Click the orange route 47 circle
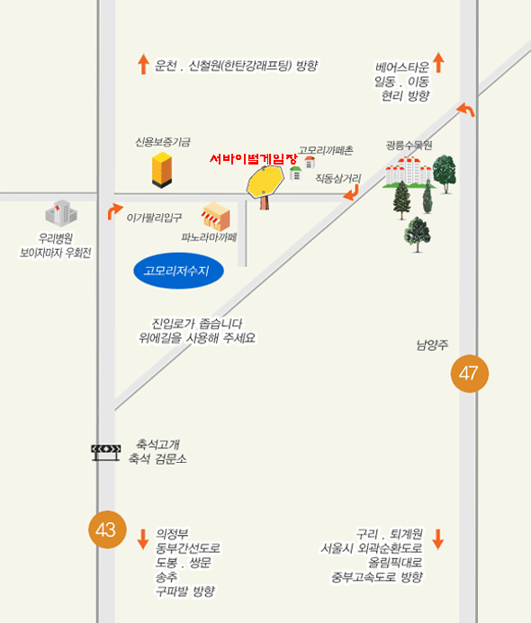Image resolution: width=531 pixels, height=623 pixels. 469,373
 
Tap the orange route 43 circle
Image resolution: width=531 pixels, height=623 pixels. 107,530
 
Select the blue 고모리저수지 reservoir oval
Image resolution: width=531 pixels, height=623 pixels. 178,271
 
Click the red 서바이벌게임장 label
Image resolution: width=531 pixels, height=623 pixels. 254,159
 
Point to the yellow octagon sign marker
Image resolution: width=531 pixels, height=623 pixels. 265,182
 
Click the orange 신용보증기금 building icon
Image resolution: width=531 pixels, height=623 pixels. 162,170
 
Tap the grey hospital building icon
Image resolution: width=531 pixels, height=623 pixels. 61,213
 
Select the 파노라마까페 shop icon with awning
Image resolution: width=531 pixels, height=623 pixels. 216,217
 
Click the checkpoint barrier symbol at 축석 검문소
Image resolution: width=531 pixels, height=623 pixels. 106,452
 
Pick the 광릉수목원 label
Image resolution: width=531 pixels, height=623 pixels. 409,146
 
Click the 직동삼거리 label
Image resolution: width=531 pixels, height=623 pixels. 338,178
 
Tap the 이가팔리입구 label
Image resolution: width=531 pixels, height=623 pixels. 154,218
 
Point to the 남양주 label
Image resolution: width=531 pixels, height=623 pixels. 432,344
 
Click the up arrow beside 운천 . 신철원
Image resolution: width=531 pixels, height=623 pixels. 143,65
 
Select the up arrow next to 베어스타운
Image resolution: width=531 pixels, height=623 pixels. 438,62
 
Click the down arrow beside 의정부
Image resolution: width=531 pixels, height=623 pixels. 143,539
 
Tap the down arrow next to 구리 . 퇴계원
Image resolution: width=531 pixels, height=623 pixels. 438,539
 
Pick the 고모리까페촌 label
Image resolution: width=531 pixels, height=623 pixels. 326,150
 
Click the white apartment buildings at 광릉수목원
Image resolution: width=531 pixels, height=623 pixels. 409,172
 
